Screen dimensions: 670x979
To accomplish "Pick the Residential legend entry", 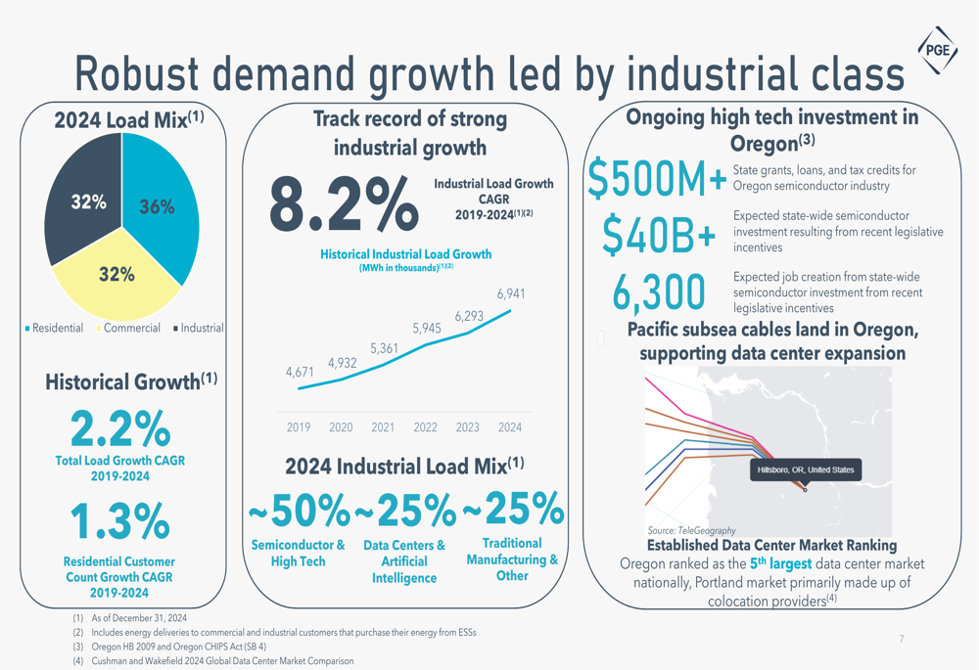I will pos(54,329).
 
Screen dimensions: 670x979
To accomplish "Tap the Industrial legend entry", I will pos(198,329).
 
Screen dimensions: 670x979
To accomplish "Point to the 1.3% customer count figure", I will pos(120,521).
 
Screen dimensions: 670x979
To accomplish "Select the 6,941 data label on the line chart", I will pos(511,293).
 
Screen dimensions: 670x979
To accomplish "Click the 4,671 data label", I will pos(300,373).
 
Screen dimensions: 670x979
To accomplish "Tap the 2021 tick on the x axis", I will pos(383,427).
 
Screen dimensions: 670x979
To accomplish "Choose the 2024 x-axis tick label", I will pos(510,427).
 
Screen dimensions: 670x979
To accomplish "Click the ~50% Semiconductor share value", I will pos(299,511).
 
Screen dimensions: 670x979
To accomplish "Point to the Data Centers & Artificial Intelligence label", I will pos(404,561).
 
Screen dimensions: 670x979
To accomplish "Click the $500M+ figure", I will pos(657,178).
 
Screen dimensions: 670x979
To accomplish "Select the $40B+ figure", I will pos(659,233).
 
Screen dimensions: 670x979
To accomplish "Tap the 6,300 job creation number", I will pos(659,291).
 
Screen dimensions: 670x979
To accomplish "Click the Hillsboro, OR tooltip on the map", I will pos(805,470).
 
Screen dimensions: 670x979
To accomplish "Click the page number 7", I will pos(902,639).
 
